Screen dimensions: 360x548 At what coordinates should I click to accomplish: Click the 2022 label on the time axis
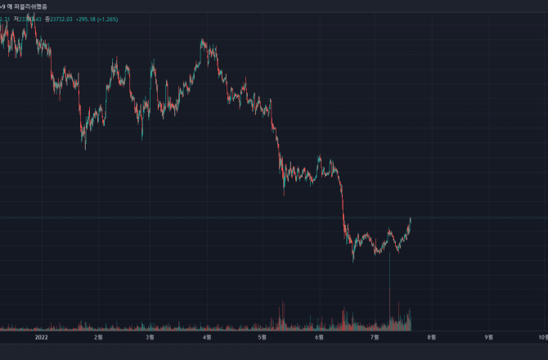coord(39,335)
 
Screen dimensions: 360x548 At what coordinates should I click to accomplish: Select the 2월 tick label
coord(100,335)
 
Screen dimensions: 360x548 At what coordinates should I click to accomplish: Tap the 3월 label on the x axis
coord(150,335)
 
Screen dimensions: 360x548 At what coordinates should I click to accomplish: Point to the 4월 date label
coord(206,335)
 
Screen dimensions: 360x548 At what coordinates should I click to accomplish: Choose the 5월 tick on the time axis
coord(262,335)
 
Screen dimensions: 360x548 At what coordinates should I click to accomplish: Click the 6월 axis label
coord(320,335)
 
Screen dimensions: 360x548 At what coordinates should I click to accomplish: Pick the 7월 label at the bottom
coord(375,335)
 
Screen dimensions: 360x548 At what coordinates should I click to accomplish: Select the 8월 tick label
coord(433,335)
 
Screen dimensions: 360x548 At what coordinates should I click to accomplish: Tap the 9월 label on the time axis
coord(489,335)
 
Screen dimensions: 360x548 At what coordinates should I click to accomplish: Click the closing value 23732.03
coord(60,18)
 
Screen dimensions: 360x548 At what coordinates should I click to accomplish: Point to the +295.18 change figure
coord(87,18)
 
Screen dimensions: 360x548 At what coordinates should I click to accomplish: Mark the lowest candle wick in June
coord(353,261)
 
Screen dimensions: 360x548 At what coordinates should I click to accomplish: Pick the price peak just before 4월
coord(202,39)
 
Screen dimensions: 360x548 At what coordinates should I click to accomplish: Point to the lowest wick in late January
coord(85,149)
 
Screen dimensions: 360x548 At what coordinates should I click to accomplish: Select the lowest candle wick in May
coord(284,194)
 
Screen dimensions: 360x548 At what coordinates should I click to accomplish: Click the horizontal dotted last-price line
coord(474,218)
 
